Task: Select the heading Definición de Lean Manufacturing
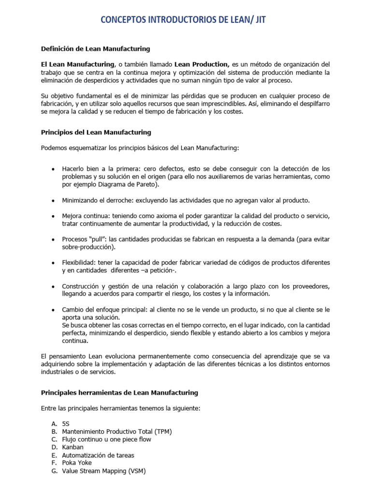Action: (x=95, y=49)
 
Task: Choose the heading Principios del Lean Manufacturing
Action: (x=96, y=132)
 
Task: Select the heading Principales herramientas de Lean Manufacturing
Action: (x=119, y=393)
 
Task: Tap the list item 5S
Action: (x=66, y=424)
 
